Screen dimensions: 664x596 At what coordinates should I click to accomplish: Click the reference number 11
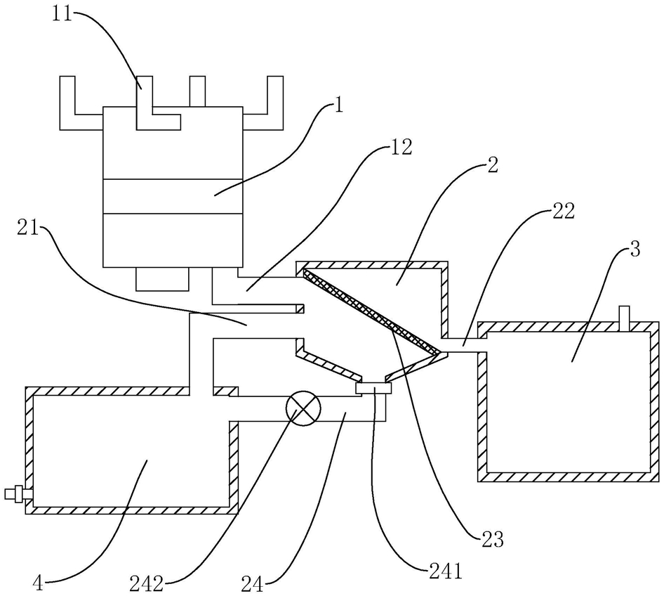click(63, 15)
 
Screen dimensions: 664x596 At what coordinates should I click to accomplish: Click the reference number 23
click(492, 540)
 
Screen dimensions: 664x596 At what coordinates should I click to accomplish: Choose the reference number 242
click(147, 585)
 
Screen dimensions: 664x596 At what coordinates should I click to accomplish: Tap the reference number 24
click(253, 585)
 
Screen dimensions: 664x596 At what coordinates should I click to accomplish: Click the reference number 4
click(38, 585)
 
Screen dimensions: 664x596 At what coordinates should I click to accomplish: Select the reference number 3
click(635, 250)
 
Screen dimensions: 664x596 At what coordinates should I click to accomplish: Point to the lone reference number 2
click(493, 166)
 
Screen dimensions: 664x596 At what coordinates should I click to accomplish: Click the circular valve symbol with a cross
click(303, 408)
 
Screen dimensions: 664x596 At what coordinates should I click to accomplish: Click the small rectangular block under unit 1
click(162, 279)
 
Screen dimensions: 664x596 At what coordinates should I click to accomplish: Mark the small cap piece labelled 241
click(373, 388)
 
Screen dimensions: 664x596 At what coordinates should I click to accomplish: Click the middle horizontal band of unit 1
click(173, 196)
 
